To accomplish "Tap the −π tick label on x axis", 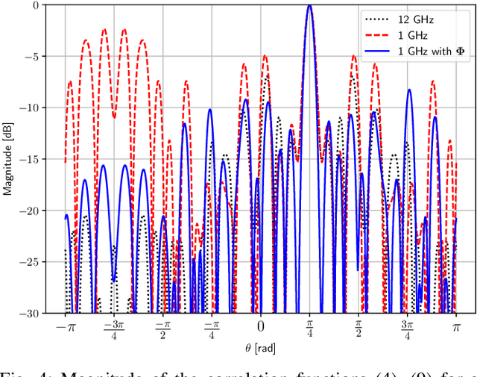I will tap(63, 326).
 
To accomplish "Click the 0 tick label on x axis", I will tap(260, 326).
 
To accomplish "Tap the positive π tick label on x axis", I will tap(456, 326).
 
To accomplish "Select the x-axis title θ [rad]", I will tap(259, 349).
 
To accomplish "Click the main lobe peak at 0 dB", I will tap(309, 5).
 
